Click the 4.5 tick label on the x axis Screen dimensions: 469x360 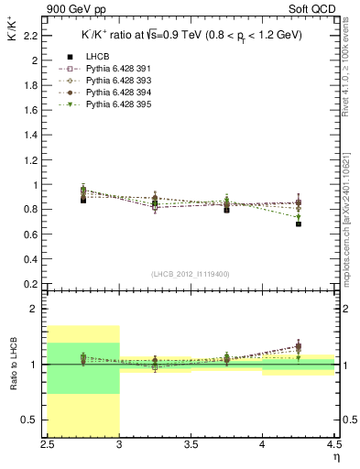(333, 445)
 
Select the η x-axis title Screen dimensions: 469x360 (336, 456)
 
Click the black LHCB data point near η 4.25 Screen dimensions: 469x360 (298, 224)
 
